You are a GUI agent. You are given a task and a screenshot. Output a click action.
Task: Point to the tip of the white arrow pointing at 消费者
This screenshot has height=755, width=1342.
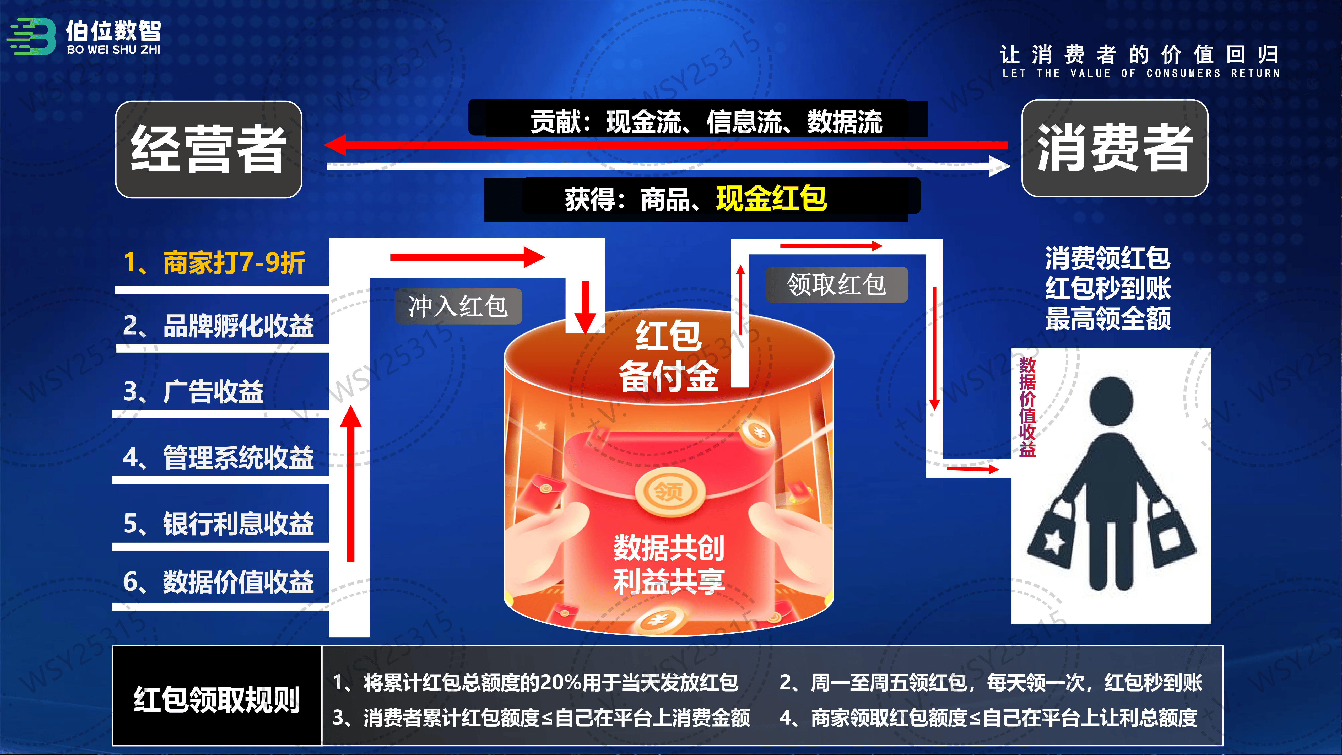pos(1011,166)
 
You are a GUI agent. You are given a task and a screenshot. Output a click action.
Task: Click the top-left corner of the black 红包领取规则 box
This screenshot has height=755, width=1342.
pos(113,646)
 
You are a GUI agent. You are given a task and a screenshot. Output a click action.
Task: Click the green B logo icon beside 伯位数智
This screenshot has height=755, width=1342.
pos(31,36)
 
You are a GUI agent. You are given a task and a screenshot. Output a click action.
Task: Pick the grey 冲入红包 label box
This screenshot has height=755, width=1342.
pos(458,306)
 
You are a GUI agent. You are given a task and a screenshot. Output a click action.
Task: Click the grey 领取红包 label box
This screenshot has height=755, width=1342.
pos(837,284)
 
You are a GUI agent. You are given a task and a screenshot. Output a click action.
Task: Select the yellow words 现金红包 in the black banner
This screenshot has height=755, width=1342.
pos(772,198)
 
